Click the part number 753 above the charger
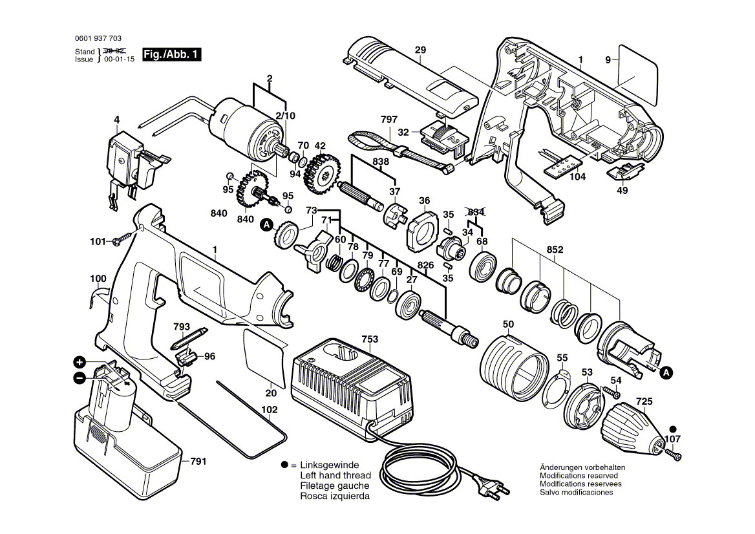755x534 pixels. (x=370, y=339)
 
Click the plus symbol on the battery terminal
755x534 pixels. (x=79, y=362)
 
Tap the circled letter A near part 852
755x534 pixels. (x=667, y=372)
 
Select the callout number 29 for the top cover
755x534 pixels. (x=420, y=50)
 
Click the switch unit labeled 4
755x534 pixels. (x=125, y=158)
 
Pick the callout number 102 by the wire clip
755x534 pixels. (x=270, y=410)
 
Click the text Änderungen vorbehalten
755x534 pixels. (x=582, y=467)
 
